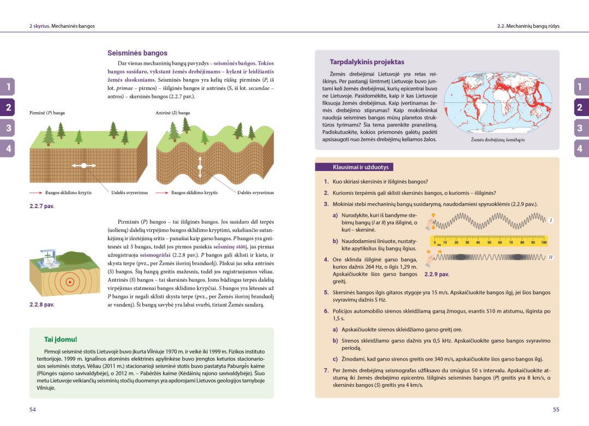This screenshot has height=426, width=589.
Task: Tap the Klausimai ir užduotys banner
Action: [357, 167]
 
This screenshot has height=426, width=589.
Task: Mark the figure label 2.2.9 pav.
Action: [437, 274]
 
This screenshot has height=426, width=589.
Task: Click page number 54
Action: [32, 409]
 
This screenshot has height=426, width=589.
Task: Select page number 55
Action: [556, 409]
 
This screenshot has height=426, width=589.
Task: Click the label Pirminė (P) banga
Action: [47, 113]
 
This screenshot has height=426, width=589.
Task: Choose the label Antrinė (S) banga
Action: [173, 113]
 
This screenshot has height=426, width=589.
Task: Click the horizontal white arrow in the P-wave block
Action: [84, 165]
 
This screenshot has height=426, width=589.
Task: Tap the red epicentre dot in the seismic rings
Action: [69, 282]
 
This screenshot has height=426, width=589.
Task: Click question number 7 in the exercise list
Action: [326, 370]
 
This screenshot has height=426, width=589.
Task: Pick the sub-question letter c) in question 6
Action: [335, 358]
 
